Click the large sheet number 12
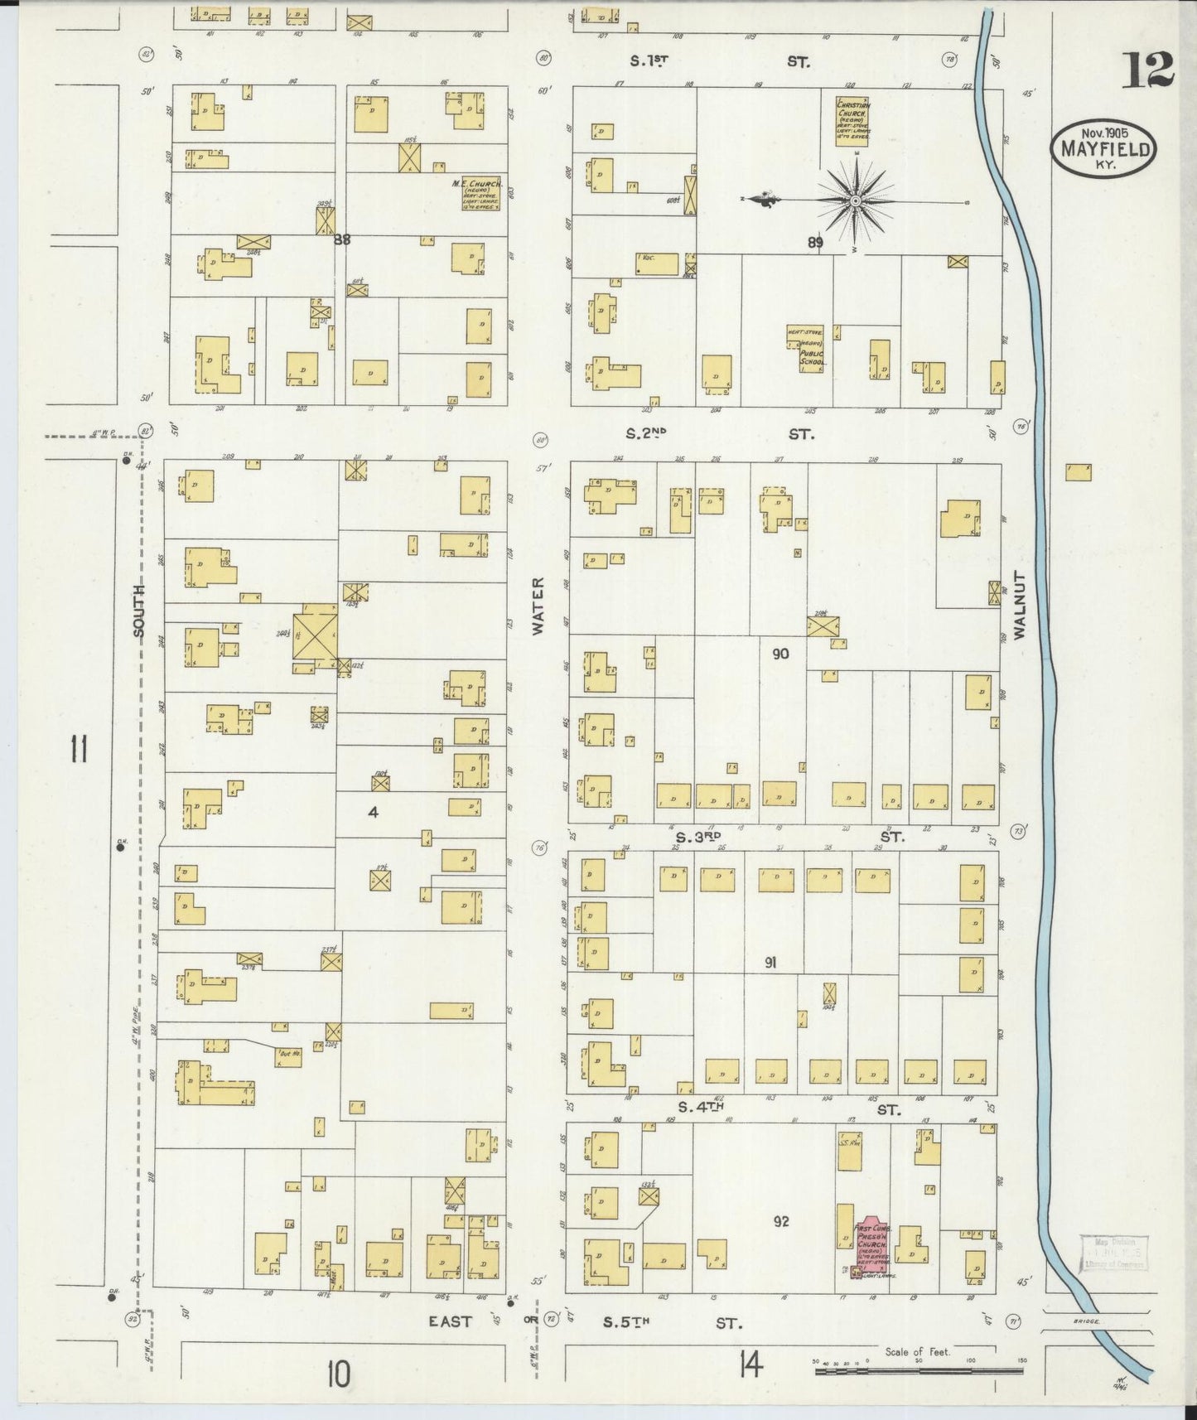pyautogui.click(x=1148, y=70)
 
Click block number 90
pyautogui.click(x=779, y=654)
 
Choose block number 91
pyautogui.click(x=770, y=963)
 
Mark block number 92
pyautogui.click(x=780, y=1221)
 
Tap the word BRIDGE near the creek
pyautogui.click(x=1085, y=1321)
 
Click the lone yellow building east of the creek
pyautogui.click(x=1078, y=472)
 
